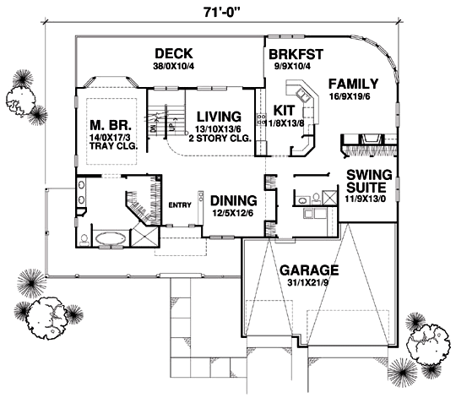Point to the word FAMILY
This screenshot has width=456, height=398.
click(353, 84)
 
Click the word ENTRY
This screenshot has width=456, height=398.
click(180, 204)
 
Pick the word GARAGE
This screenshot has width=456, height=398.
click(310, 270)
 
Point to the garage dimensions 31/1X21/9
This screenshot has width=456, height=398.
click(310, 285)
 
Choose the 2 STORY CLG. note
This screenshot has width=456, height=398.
click(221, 138)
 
